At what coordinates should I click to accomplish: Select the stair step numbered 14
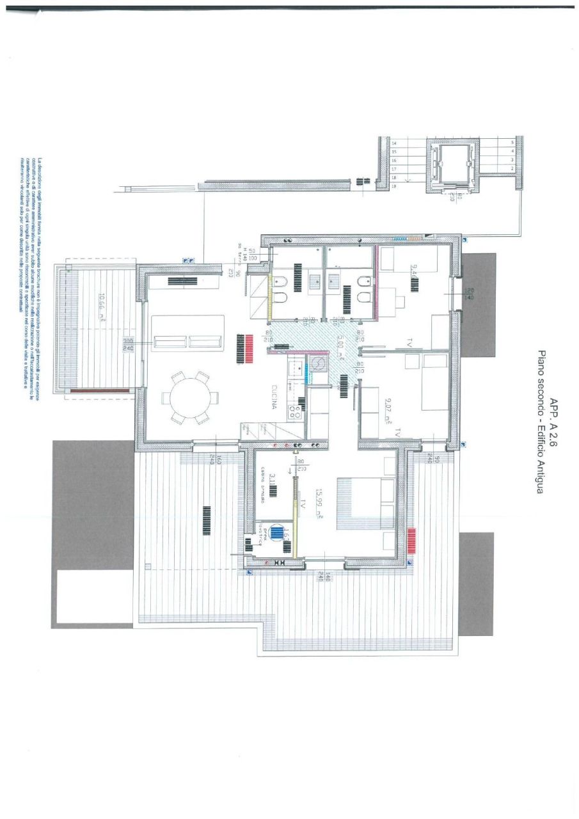click(x=394, y=143)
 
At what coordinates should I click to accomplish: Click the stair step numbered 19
click(x=394, y=186)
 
